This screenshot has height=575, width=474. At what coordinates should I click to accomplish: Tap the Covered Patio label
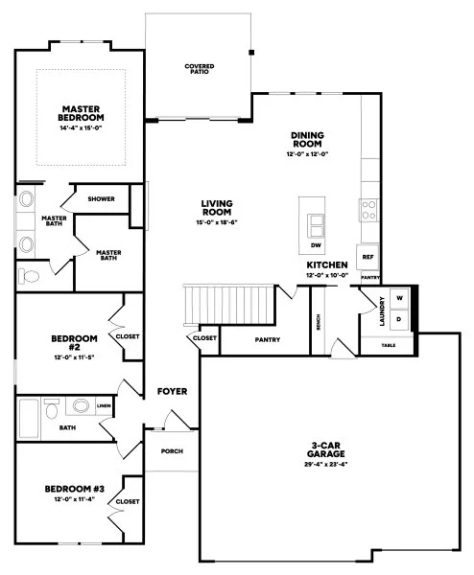click(200, 69)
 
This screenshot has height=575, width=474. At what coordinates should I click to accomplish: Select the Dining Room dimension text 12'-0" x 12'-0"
click(308, 154)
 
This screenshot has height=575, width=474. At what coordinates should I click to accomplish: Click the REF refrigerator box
click(367, 258)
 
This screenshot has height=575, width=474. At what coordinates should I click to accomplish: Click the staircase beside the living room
click(231, 304)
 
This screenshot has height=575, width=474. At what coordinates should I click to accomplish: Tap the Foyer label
click(172, 391)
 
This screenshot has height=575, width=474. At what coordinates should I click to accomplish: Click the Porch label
click(172, 450)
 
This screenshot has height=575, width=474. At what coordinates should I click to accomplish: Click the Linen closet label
click(103, 406)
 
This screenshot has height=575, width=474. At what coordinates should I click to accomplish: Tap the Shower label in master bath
click(101, 199)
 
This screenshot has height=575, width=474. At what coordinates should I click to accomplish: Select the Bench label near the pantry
click(319, 324)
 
